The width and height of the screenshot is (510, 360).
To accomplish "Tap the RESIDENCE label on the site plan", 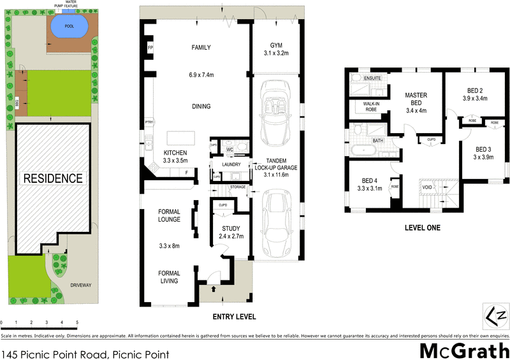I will click(x=54, y=178).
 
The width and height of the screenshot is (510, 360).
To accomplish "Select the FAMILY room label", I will click(x=201, y=48).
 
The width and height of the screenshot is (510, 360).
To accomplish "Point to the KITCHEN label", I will click(x=175, y=153).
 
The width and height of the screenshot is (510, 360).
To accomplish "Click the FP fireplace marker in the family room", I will click(x=150, y=48).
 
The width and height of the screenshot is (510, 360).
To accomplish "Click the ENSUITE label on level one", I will click(x=373, y=78).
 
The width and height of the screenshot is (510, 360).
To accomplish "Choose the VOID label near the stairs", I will click(x=427, y=188).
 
